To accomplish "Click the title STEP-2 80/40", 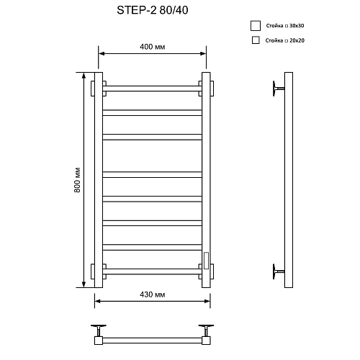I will (150, 12).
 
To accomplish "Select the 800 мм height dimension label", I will (76, 179).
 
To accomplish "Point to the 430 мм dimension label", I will (153, 295).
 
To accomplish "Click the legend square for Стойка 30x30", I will (254, 26).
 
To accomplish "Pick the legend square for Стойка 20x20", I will (255, 41).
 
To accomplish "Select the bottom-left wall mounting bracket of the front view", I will (94, 271).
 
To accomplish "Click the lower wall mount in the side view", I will (277, 271).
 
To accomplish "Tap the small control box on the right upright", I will (206, 259).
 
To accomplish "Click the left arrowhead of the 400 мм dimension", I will (101, 54).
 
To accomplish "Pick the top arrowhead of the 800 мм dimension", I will (85, 74).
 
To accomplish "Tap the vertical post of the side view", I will (289, 180).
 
